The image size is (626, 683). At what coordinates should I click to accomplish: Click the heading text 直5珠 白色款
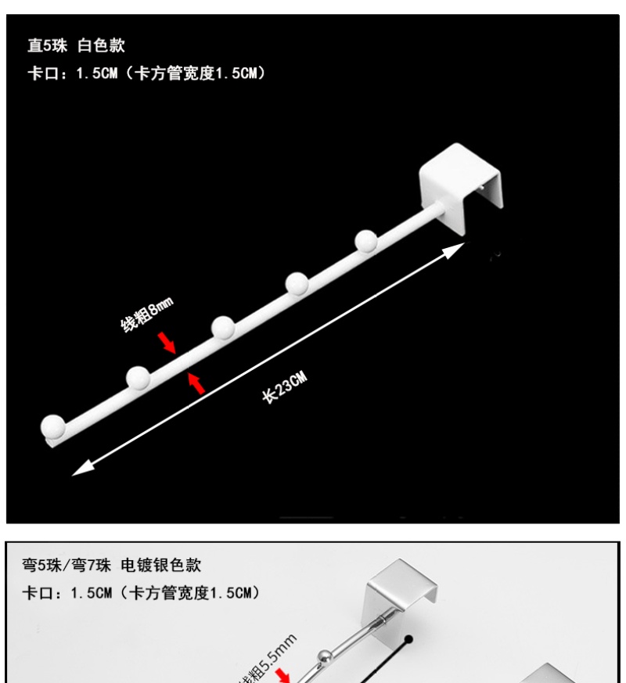coord(77,45)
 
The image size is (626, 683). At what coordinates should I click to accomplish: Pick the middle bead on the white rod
coord(222,328)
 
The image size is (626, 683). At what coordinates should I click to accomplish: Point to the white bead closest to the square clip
coord(365,240)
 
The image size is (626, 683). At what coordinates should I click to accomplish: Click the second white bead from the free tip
coord(138,378)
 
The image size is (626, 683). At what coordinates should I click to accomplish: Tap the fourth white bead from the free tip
coord(296,283)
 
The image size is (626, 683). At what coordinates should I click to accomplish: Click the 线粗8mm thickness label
coord(146,313)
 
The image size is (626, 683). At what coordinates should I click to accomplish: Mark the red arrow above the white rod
coord(166,341)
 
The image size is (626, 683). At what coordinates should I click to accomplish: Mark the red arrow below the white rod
coord(196,384)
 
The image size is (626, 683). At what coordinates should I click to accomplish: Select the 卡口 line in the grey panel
coord(140,592)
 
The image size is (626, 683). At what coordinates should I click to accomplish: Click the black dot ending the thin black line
coord(408,641)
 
